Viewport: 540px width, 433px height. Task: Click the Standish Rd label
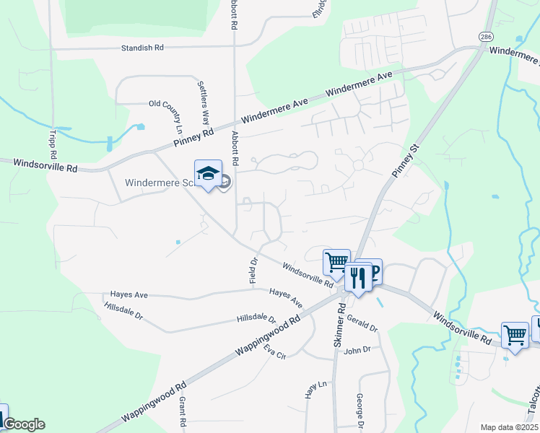click(144, 48)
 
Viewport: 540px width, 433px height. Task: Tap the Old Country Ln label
click(165, 104)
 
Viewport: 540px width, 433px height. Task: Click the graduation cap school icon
click(208, 173)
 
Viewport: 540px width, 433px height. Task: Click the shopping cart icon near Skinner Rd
click(336, 262)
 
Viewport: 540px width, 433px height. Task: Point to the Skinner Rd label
click(339, 325)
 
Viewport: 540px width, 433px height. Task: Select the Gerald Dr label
click(362, 323)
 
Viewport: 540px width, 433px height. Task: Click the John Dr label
click(357, 350)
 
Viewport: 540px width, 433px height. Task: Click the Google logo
click(24, 424)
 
